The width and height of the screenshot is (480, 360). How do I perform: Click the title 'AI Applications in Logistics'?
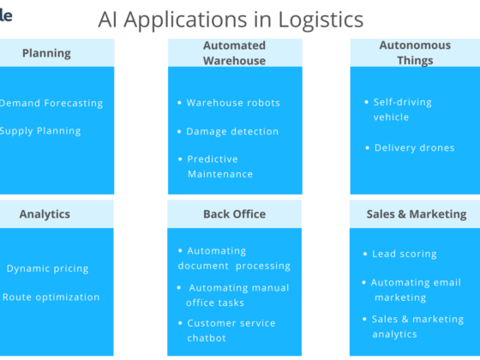(x=231, y=19)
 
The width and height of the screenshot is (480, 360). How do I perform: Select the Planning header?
(x=46, y=53)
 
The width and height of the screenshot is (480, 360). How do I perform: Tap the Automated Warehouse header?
(x=234, y=53)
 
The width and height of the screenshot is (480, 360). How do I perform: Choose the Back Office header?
(x=234, y=214)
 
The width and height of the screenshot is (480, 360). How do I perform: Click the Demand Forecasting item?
(x=51, y=103)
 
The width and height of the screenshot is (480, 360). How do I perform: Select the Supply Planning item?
(x=40, y=131)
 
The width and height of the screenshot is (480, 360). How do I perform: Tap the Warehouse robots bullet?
(x=233, y=103)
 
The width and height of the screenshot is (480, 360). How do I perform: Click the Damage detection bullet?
(x=232, y=132)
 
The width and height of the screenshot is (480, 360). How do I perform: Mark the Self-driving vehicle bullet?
(x=403, y=109)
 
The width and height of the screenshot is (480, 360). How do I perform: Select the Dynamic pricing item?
(x=47, y=268)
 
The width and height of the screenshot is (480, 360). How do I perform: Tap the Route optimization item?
(x=51, y=297)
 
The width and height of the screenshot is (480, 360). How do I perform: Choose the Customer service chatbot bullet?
(x=231, y=330)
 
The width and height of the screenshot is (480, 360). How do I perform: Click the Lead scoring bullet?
(x=405, y=254)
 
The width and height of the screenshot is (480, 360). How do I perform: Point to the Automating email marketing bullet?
(x=416, y=290)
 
